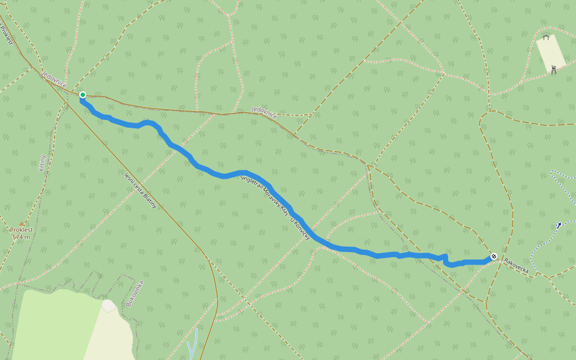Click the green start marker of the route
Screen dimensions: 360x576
tap(83, 95)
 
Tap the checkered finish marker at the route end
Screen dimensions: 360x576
tap(494, 256)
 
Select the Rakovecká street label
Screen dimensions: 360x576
tap(517, 266)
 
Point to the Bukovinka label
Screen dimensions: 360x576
tap(136, 293)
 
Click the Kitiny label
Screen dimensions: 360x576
tap(43, 163)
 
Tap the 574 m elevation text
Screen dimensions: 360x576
tap(22, 237)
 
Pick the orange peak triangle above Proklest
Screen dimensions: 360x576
tap(22, 224)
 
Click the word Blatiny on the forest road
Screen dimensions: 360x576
tap(149, 199)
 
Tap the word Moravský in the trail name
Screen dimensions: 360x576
tap(272, 200)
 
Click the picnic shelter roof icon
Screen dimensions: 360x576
tap(545, 38)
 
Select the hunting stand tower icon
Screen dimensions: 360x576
tap(553, 69)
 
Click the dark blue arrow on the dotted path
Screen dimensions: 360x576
tap(559, 226)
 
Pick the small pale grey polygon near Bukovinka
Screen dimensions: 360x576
tap(109, 306)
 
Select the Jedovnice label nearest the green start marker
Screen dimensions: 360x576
tap(53, 79)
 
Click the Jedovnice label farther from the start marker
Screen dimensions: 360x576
tap(264, 112)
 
